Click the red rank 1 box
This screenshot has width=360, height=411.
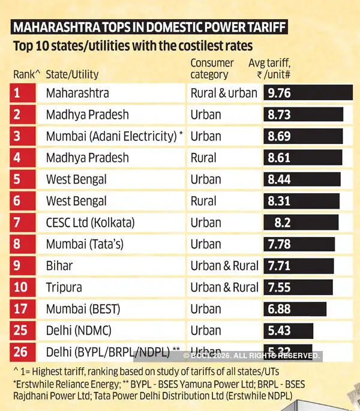point(25,93)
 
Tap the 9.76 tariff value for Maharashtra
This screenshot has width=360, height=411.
point(280,93)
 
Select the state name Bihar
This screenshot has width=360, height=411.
point(59,266)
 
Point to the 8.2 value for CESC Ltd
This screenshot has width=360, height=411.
point(282,223)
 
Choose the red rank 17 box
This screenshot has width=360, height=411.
point(25,309)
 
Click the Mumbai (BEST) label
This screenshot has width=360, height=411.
point(83,309)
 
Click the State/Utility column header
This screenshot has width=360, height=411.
point(72,74)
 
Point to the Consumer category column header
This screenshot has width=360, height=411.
point(212,68)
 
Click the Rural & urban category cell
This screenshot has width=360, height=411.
point(224,93)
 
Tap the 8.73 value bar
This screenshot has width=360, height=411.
point(303,115)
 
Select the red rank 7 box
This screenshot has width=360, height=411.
point(25,223)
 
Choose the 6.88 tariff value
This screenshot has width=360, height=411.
point(280,309)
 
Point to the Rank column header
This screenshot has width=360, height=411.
point(26,74)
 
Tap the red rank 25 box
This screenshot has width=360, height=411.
point(25,331)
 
